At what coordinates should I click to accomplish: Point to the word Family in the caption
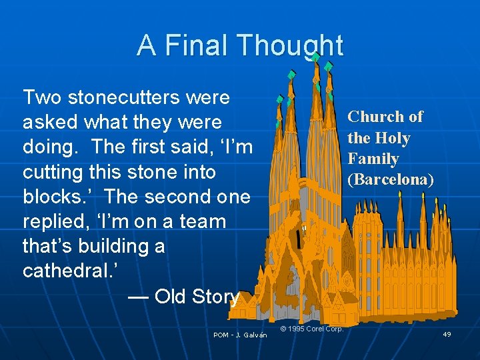[373, 159]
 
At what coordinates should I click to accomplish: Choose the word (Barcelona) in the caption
[391, 179]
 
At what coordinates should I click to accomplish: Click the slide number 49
[447, 334]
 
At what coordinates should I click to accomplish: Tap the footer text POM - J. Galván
[240, 335]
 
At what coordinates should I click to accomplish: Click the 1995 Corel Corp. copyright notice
[312, 329]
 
